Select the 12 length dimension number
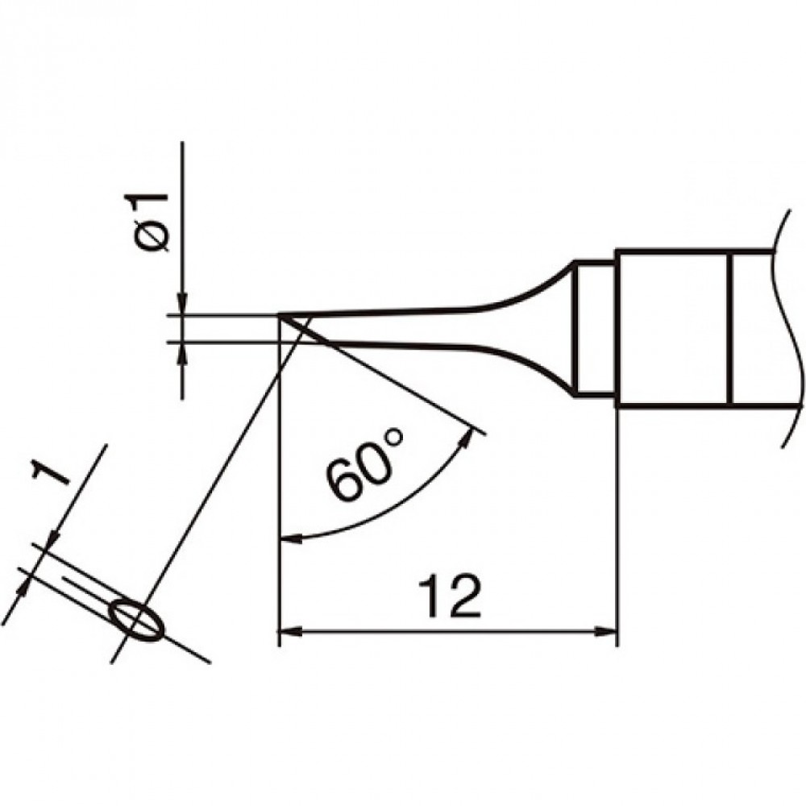(x=451, y=596)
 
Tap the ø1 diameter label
(x=147, y=223)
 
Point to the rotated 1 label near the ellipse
(x=49, y=472)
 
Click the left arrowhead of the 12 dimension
(x=289, y=631)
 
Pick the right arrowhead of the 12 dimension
(x=605, y=631)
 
